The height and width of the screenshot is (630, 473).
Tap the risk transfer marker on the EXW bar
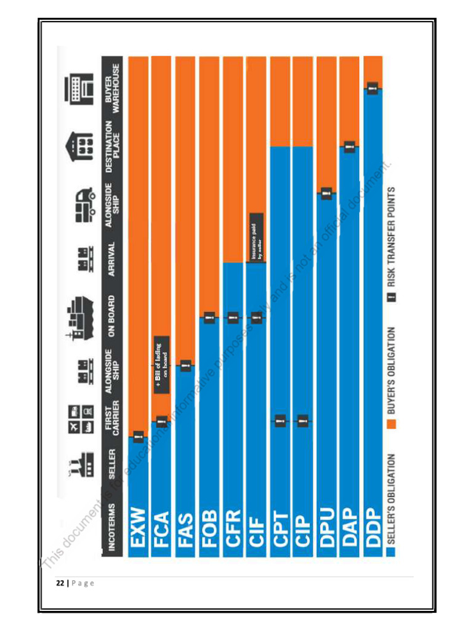point(138,436)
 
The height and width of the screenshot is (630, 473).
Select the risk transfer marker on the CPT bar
point(279,421)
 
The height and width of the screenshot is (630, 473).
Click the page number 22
point(60,583)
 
